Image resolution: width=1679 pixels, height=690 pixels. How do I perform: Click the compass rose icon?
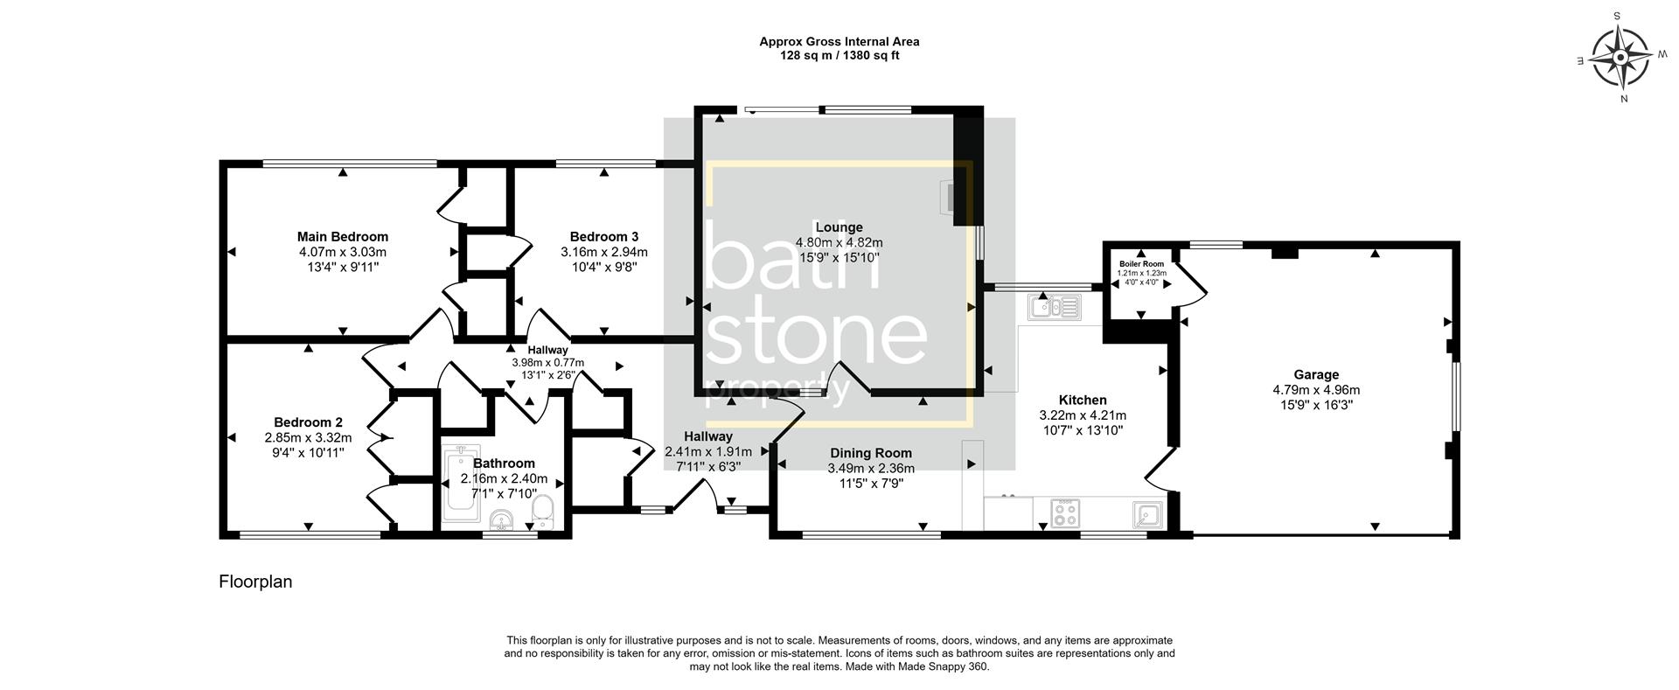tap(1620, 59)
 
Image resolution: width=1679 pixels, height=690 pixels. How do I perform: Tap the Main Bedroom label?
tap(342, 237)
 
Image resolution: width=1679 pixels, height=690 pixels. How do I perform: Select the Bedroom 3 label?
tap(603, 237)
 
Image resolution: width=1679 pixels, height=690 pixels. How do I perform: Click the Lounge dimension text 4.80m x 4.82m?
tap(839, 243)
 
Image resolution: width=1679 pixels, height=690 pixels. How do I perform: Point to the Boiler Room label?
tap(1141, 263)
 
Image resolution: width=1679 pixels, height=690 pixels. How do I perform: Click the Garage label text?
tap(1316, 375)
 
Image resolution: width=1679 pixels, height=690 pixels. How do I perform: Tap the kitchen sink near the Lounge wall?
tap(1055, 307)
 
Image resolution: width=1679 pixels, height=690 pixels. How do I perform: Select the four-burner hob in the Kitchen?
tap(1065, 513)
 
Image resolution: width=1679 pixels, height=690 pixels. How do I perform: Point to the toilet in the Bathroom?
tap(543, 512)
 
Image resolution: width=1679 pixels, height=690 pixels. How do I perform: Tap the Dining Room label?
tap(870, 453)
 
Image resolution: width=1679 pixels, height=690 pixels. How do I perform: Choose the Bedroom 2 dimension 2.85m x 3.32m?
tap(308, 438)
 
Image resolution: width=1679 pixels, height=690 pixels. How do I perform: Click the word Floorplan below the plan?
tap(255, 582)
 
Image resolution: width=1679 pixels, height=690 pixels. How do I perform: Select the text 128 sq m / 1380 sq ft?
tap(839, 56)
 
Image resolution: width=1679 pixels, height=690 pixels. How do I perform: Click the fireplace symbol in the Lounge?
tap(948, 196)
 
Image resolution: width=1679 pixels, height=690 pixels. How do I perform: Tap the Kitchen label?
tap(1083, 401)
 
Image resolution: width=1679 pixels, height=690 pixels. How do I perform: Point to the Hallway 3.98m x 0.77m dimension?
tap(547, 362)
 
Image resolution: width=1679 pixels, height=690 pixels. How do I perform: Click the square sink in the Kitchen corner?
tap(1146, 514)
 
